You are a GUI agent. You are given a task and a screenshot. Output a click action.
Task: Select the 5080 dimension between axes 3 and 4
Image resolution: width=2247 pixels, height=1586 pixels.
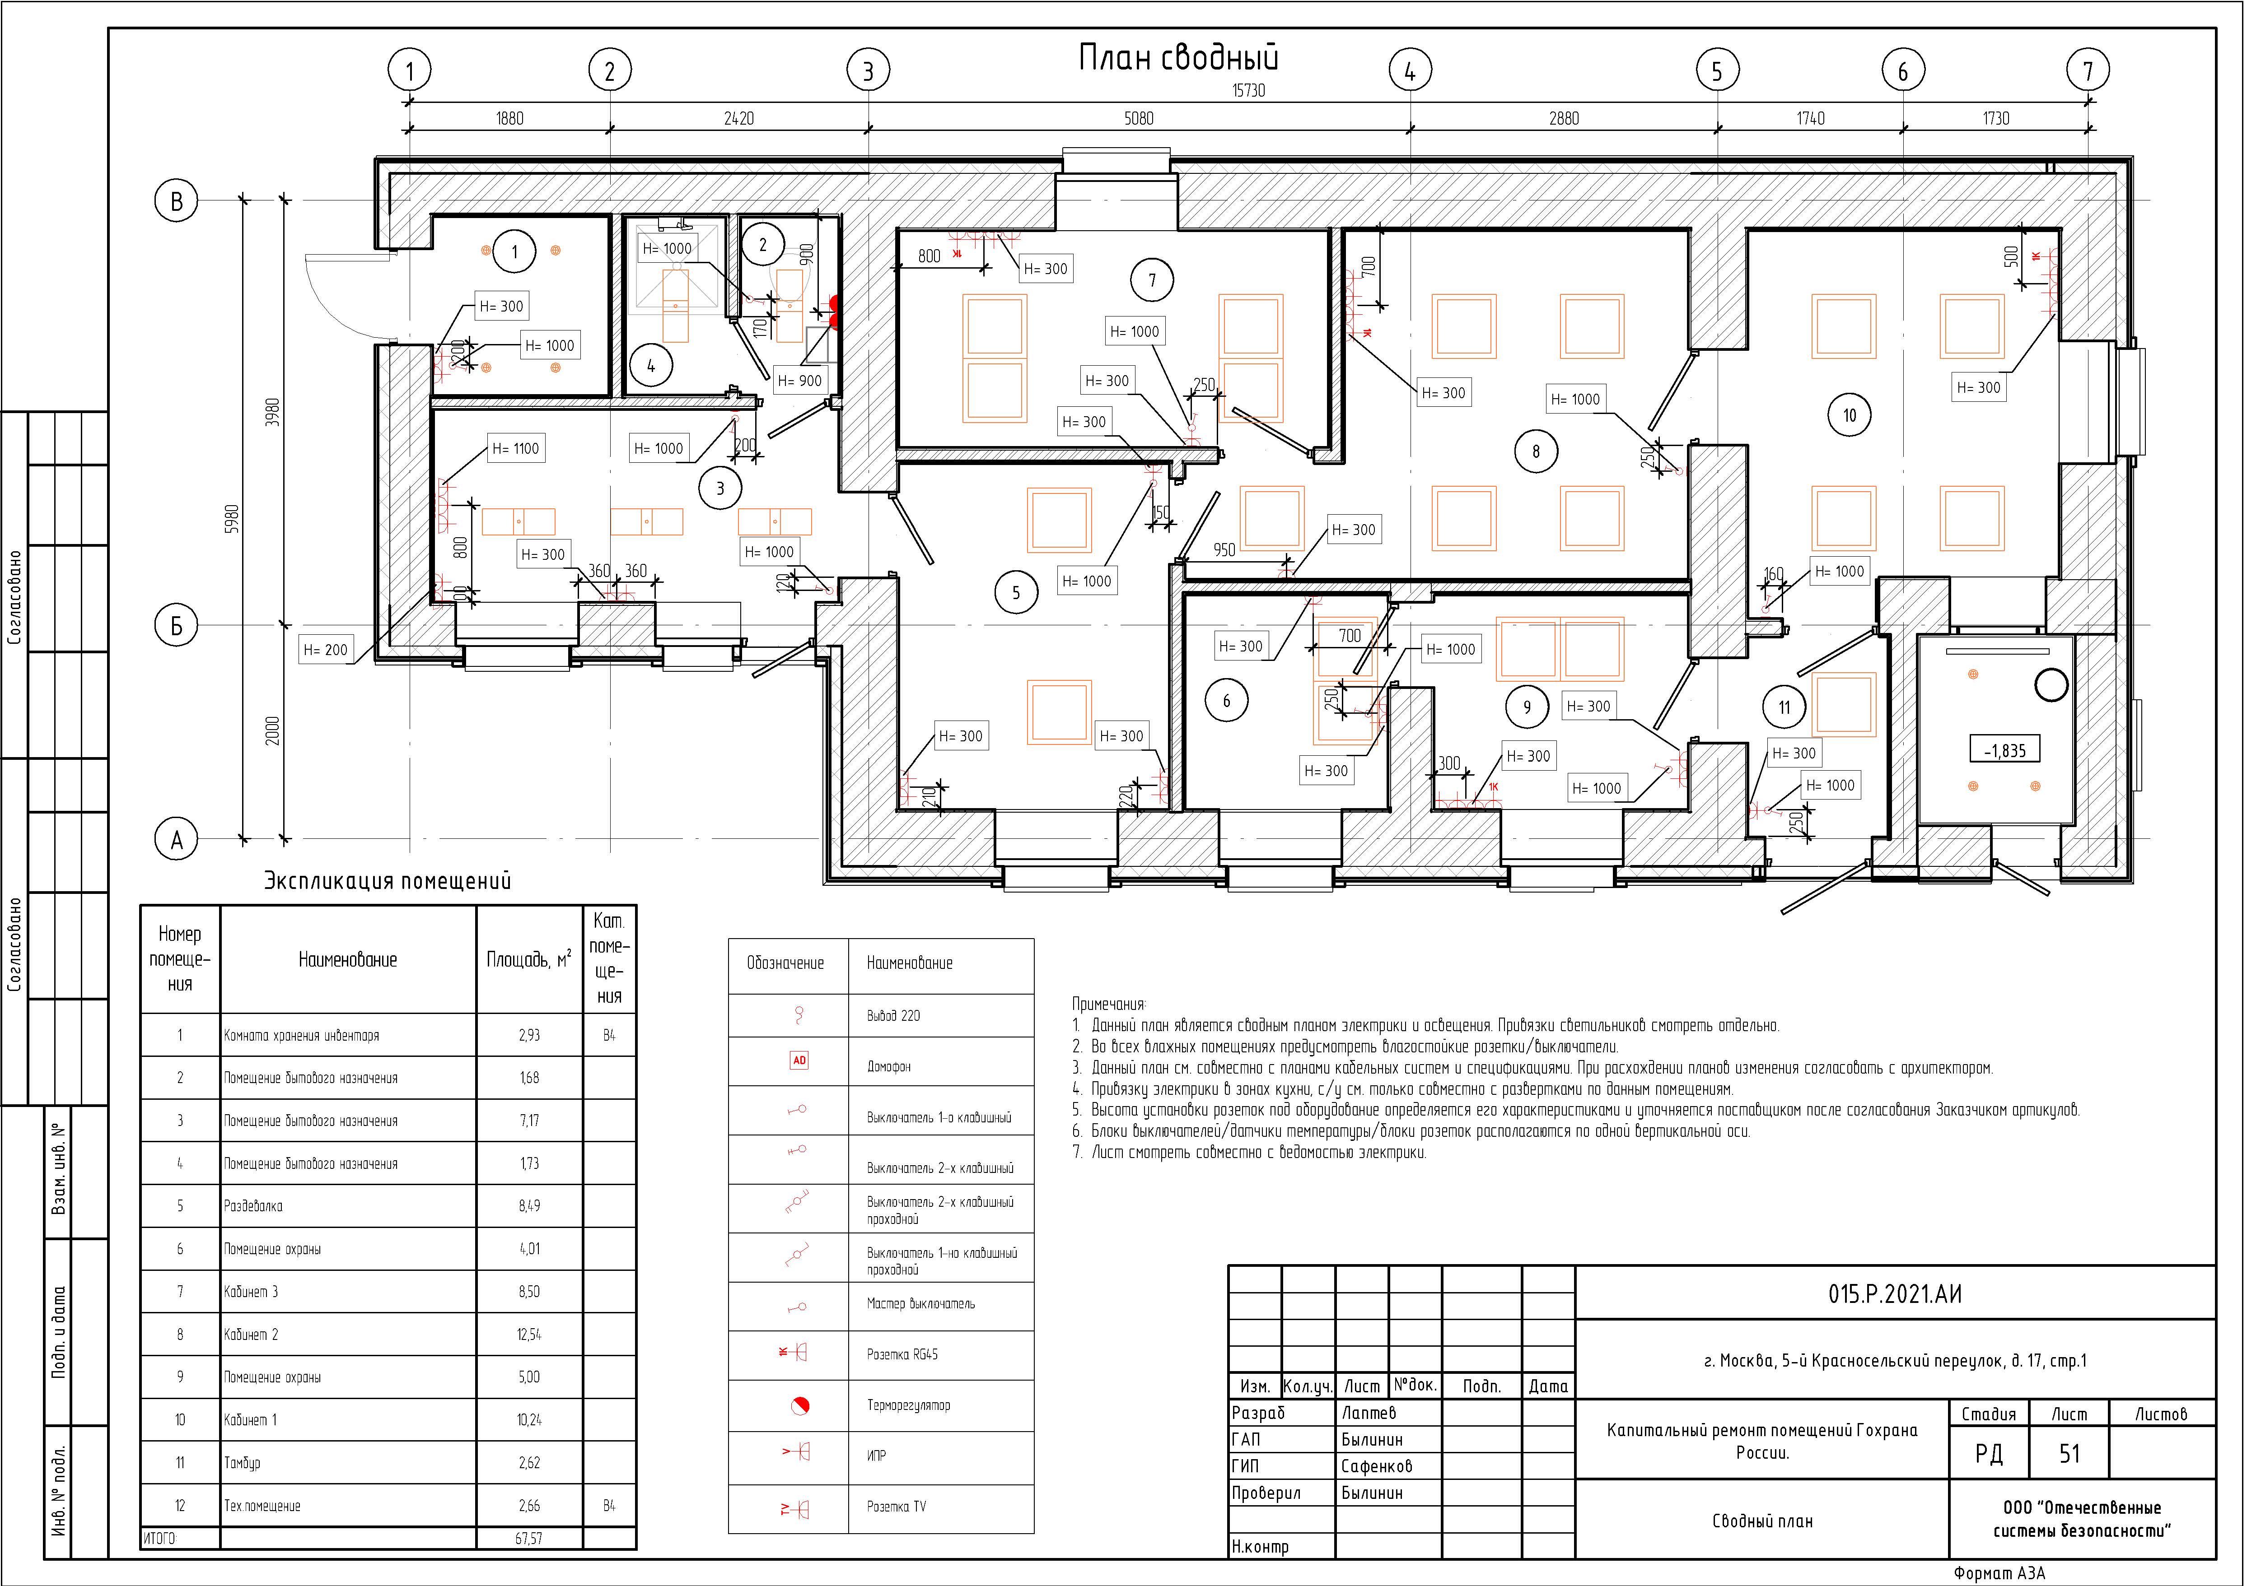click(1138, 118)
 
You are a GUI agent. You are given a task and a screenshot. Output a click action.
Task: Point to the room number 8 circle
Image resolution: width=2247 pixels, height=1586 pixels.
click(1536, 451)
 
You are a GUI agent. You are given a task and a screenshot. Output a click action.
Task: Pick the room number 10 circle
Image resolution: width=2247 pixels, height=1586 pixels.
click(1849, 415)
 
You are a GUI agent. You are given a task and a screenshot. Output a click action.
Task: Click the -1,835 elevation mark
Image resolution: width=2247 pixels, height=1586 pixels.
click(2004, 750)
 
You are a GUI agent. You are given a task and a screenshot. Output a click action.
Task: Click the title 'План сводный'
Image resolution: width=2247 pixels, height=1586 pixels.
click(1178, 58)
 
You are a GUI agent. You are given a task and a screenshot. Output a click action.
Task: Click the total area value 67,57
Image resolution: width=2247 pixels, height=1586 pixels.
click(528, 1538)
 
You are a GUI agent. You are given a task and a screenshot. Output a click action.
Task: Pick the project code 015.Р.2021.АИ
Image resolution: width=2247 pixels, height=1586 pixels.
click(1895, 1294)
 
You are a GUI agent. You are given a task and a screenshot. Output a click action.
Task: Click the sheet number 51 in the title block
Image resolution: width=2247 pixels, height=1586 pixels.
click(2069, 1454)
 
